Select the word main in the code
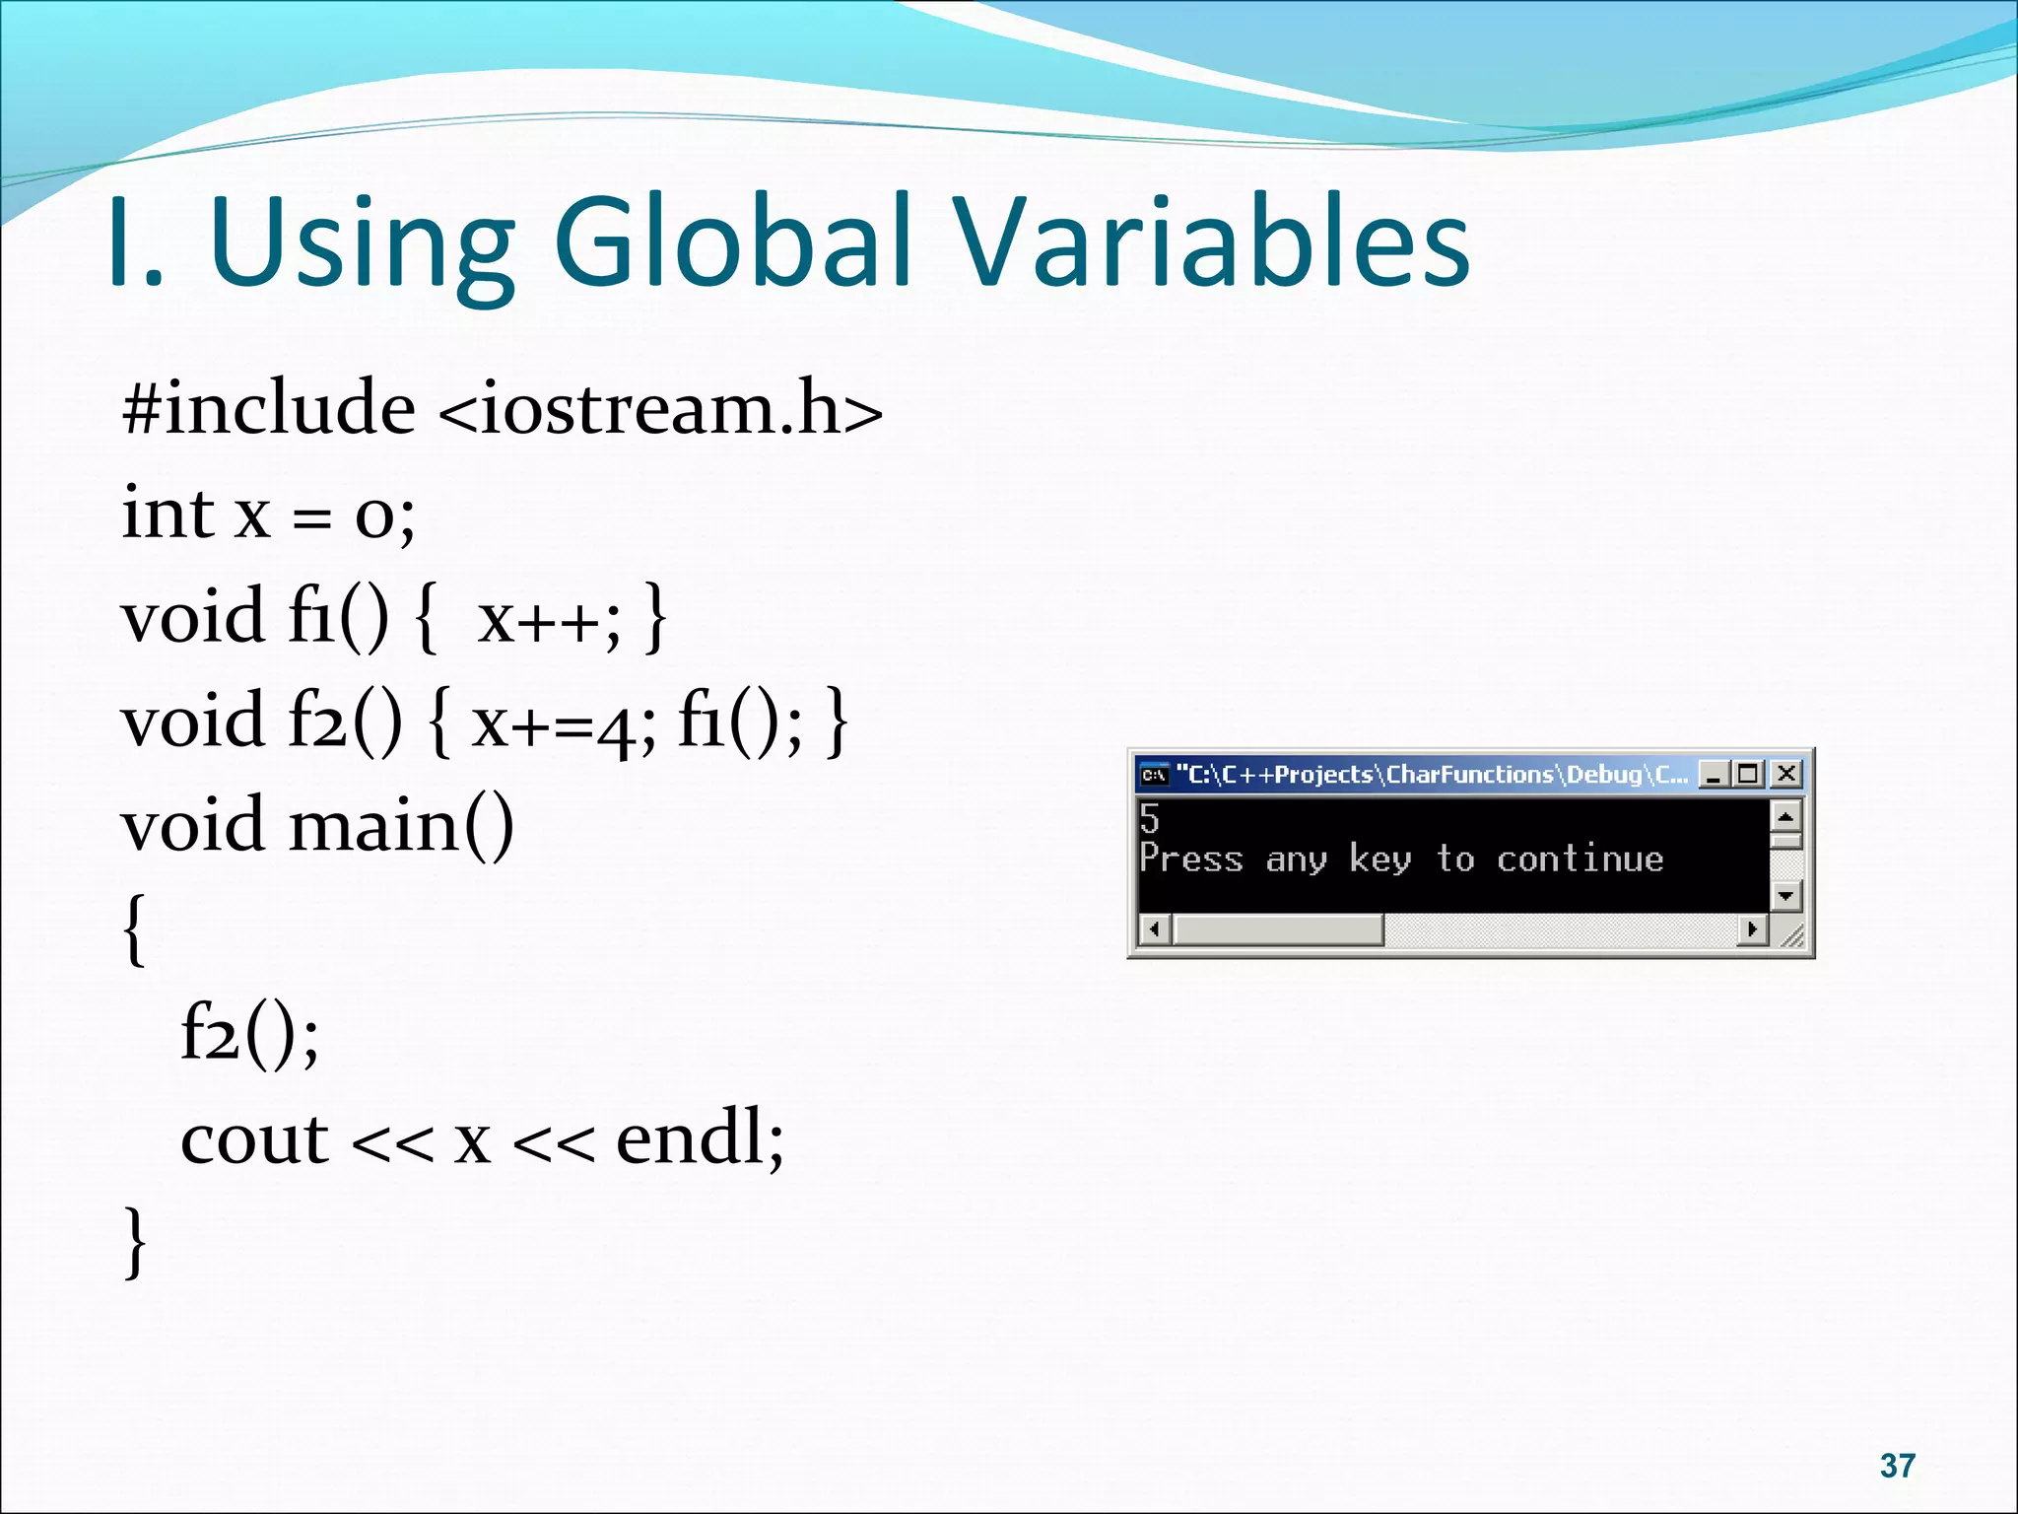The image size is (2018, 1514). click(x=374, y=826)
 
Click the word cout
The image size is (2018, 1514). click(x=254, y=1139)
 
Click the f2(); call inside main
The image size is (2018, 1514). click(x=249, y=1035)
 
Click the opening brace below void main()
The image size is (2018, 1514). click(x=136, y=929)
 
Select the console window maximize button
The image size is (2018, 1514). click(x=1749, y=775)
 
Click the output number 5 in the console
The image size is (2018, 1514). click(x=1149, y=819)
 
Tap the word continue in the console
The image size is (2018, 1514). click(x=1580, y=860)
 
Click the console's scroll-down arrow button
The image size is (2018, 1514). click(x=1785, y=895)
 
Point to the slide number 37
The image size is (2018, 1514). click(x=1897, y=1466)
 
